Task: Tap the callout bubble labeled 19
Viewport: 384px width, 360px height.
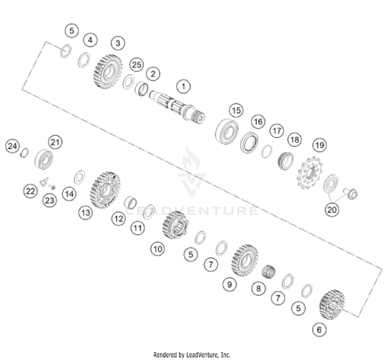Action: point(319,146)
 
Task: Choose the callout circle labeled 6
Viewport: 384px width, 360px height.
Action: point(319,330)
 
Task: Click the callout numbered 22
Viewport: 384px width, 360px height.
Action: point(31,191)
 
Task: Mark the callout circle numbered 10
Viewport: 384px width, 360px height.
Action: point(157,249)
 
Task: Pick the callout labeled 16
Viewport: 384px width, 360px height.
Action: point(258,121)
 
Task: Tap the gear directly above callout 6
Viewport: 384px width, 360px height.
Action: point(332,305)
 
